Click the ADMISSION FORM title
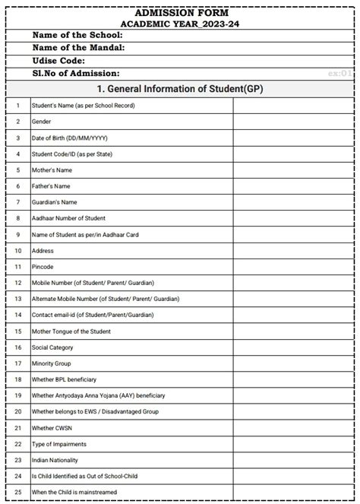180,13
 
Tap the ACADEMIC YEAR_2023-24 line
180,23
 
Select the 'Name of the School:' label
77,35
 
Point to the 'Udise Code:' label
58,60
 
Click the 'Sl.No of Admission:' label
76,73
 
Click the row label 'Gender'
41,122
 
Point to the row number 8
17,219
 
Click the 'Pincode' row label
43,267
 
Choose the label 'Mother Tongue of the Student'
71,331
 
